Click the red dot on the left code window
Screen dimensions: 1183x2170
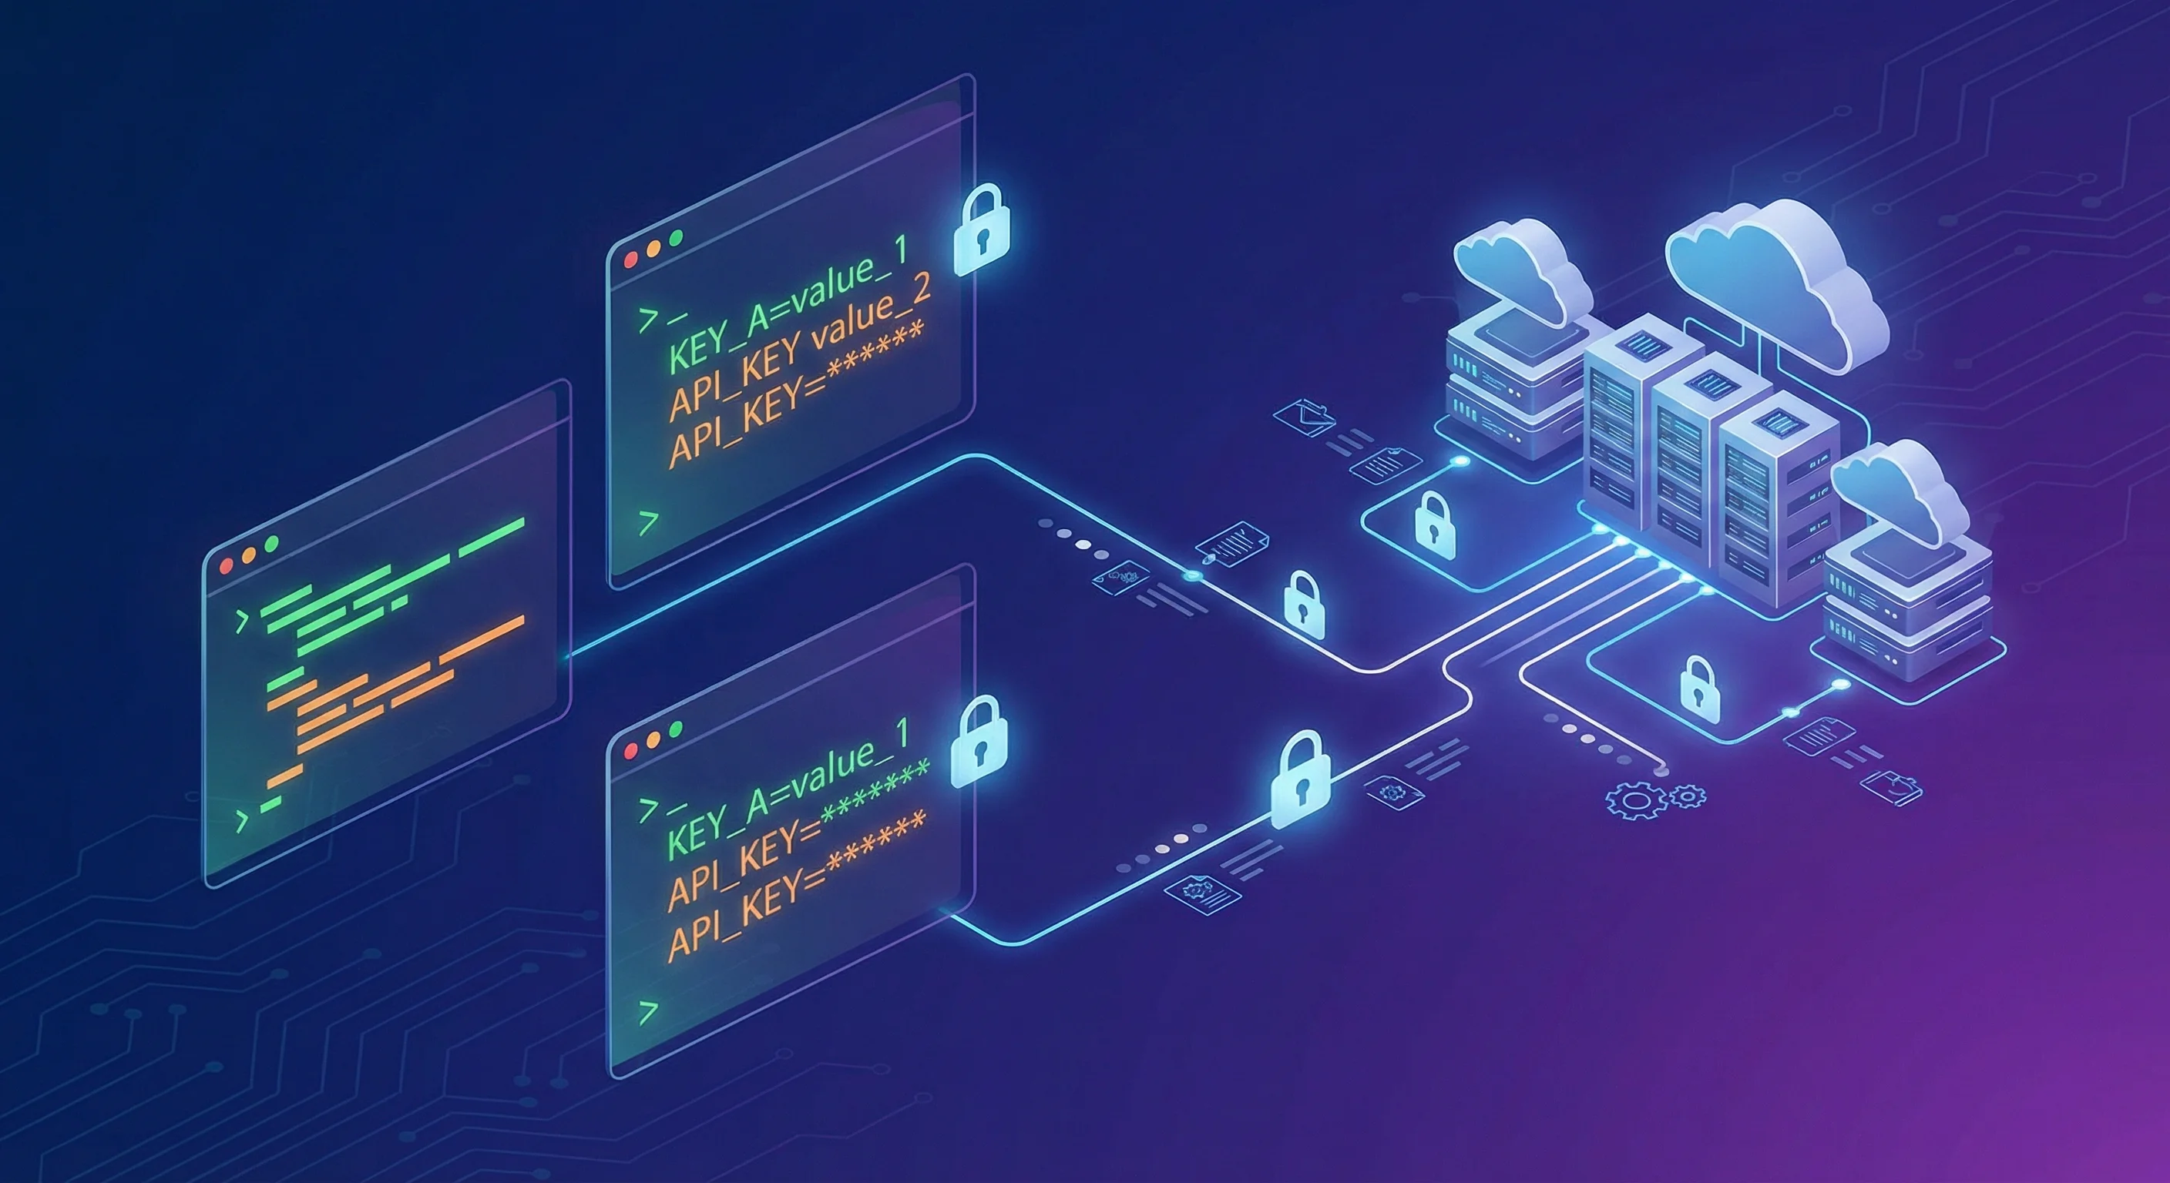tap(226, 566)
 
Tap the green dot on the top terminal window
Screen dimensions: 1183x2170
tap(675, 238)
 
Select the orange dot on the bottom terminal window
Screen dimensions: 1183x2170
tap(653, 740)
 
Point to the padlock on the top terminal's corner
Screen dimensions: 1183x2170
tap(980, 230)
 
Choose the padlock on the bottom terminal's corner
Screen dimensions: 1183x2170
tap(979, 742)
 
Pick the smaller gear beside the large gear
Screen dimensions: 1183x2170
tap(1688, 795)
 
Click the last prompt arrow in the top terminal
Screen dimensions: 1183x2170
tap(648, 523)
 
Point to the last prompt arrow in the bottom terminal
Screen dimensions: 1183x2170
tap(648, 1011)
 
